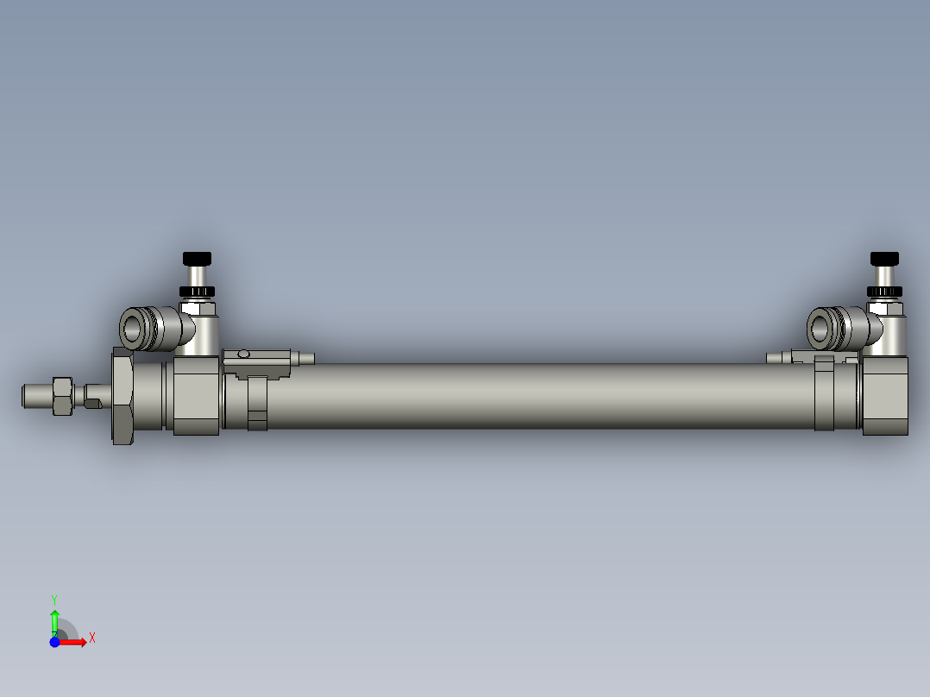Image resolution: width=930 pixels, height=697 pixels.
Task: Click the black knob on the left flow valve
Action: tap(197, 258)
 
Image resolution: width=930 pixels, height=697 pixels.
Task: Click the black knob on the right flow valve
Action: tap(884, 258)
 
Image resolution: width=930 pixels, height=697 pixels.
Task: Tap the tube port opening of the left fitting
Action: tap(134, 329)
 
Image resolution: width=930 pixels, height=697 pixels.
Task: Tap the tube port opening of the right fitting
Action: tap(820, 328)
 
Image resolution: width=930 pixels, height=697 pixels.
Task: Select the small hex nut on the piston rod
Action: tap(62, 396)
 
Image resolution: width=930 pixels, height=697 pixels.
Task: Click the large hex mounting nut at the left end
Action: tap(123, 396)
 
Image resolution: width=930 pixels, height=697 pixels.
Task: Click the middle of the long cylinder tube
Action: tap(535, 395)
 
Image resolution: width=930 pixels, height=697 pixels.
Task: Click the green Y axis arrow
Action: tap(54, 619)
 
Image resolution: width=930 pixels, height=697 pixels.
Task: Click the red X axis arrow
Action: tap(76, 642)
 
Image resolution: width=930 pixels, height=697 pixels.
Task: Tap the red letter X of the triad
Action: tap(91, 638)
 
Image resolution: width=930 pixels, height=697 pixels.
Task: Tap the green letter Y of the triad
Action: tap(54, 599)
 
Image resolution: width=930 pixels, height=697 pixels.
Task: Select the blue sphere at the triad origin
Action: tap(54, 642)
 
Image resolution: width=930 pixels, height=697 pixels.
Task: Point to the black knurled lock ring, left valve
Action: tap(197, 290)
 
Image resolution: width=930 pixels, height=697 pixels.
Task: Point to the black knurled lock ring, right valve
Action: tap(884, 290)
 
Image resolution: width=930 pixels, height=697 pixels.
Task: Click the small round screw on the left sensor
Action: tap(244, 354)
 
